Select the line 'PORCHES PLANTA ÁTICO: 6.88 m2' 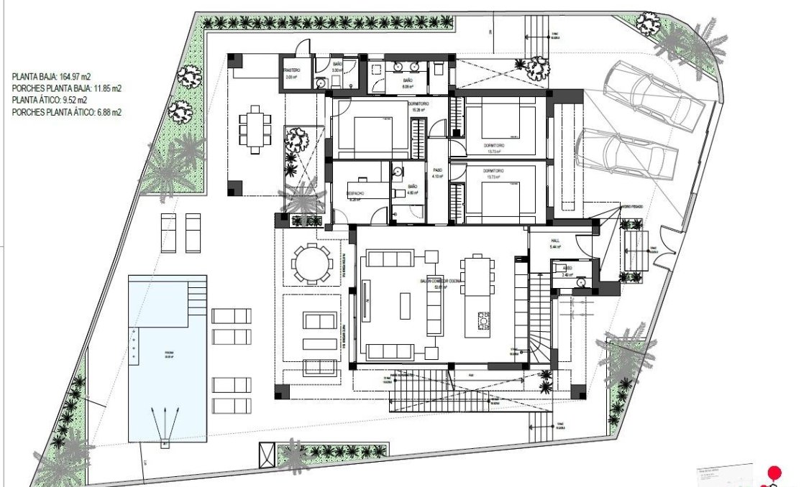click(x=67, y=112)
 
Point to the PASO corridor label click(x=437, y=172)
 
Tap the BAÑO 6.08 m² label click(x=408, y=81)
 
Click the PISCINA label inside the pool click(x=168, y=353)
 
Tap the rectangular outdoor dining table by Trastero click(x=255, y=129)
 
